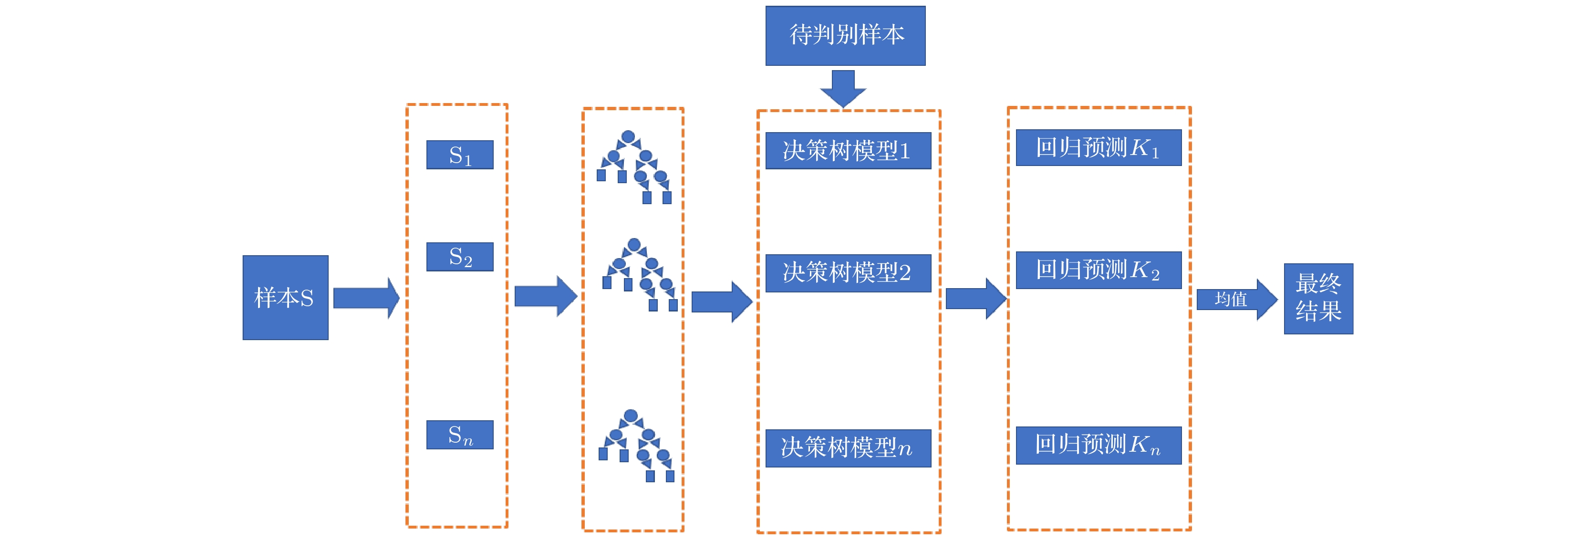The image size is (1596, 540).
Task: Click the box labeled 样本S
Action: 285,298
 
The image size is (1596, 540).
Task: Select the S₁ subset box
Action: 460,155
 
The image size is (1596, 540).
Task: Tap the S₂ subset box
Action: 460,257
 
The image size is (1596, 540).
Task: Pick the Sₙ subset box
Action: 460,435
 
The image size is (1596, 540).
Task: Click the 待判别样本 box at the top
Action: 845,35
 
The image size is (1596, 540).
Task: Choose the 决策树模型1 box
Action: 848,151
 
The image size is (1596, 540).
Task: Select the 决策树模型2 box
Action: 848,273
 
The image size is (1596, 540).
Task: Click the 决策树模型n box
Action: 848,447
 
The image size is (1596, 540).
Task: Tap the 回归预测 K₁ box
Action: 1098,147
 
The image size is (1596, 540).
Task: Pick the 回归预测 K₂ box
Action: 1098,270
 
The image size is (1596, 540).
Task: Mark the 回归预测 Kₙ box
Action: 1098,445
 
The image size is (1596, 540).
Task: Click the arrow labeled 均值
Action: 1235,300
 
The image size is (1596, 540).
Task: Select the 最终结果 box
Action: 1318,299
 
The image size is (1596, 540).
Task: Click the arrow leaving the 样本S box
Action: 365,298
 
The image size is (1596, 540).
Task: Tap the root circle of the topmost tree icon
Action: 628,136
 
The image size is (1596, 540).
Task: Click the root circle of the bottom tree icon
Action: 631,415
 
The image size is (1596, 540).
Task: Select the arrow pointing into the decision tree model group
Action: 721,302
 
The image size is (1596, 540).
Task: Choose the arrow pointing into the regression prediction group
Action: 974,299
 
